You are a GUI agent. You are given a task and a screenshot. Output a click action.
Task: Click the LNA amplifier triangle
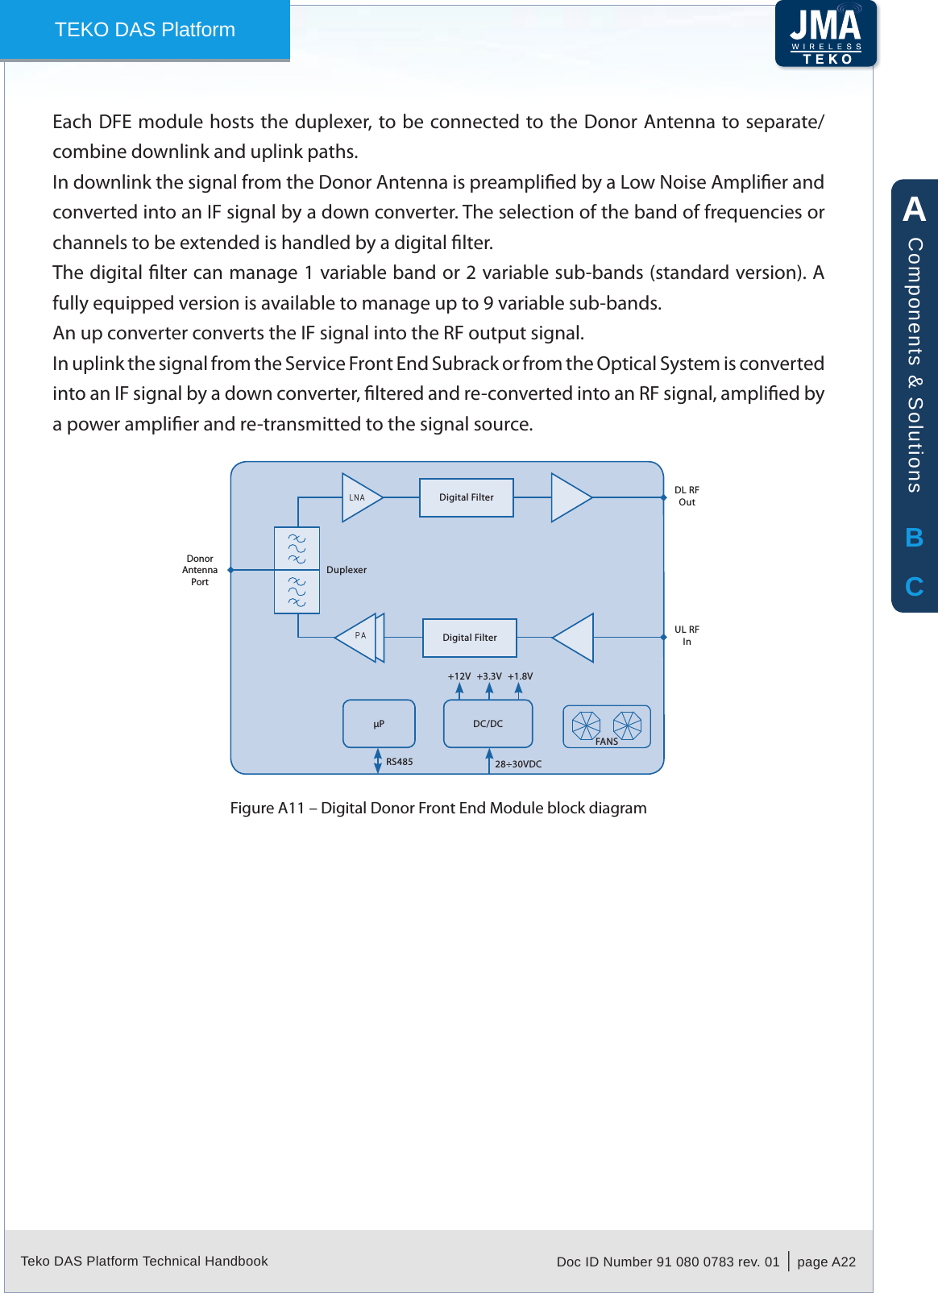click(359, 497)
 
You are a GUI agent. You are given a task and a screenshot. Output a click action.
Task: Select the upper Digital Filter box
click(467, 497)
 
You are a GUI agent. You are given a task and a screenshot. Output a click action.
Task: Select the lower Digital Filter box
click(470, 638)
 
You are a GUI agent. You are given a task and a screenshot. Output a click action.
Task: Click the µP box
click(379, 724)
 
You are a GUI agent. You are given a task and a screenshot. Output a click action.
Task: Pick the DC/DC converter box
click(488, 724)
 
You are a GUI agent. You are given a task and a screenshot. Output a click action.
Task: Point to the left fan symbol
click(586, 725)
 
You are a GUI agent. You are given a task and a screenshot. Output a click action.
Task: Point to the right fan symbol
click(627, 725)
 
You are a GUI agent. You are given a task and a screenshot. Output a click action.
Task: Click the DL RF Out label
click(687, 496)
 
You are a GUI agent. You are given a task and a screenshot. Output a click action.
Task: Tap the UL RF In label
click(687, 635)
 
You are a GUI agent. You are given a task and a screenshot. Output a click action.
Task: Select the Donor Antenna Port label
click(200, 570)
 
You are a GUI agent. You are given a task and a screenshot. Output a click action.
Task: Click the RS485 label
click(400, 762)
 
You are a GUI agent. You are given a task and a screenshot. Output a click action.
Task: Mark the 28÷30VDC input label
click(518, 764)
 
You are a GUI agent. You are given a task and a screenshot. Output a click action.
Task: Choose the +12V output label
click(459, 676)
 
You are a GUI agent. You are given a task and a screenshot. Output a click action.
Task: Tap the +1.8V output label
click(520, 676)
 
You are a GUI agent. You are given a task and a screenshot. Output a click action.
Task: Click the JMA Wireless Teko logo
click(826, 34)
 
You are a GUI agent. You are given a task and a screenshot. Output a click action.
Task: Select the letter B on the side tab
click(914, 538)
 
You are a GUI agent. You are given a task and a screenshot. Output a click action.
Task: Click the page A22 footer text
click(826, 1262)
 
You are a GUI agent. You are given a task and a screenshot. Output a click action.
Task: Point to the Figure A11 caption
click(438, 808)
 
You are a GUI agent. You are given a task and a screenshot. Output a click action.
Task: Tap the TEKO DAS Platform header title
click(145, 30)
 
